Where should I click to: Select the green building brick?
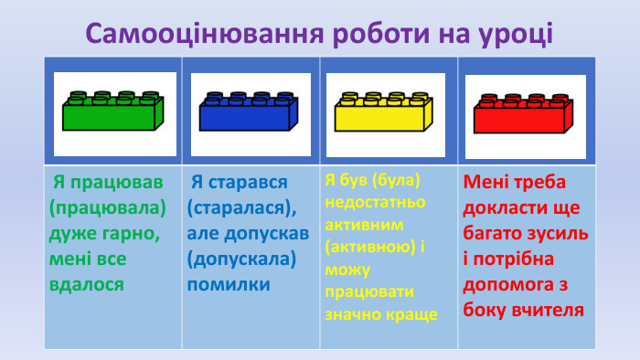[x=113, y=111]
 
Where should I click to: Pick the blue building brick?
[x=250, y=111]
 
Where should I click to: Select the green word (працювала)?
[x=108, y=207]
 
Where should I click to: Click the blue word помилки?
[x=229, y=284]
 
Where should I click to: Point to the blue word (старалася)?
[x=240, y=207]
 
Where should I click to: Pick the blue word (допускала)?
[x=241, y=259]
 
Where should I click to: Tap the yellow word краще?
[x=411, y=314]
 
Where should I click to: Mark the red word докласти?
[x=504, y=207]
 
